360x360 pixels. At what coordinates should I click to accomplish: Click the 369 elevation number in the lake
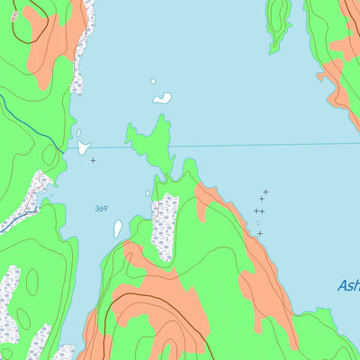point(101,209)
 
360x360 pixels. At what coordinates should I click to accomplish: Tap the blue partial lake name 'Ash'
point(348,285)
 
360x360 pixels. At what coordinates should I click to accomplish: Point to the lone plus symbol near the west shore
point(93,160)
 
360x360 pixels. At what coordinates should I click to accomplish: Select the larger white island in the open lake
point(162,98)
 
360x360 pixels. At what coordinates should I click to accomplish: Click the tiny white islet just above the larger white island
point(153,82)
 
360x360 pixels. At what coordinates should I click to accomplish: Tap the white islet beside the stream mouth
point(84,148)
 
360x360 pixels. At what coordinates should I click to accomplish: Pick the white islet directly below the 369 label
point(118,229)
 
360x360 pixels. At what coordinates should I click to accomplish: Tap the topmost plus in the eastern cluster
point(265,191)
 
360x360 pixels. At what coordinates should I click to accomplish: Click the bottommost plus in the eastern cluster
point(260,233)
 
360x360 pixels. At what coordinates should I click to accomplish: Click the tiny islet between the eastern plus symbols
point(256,222)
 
